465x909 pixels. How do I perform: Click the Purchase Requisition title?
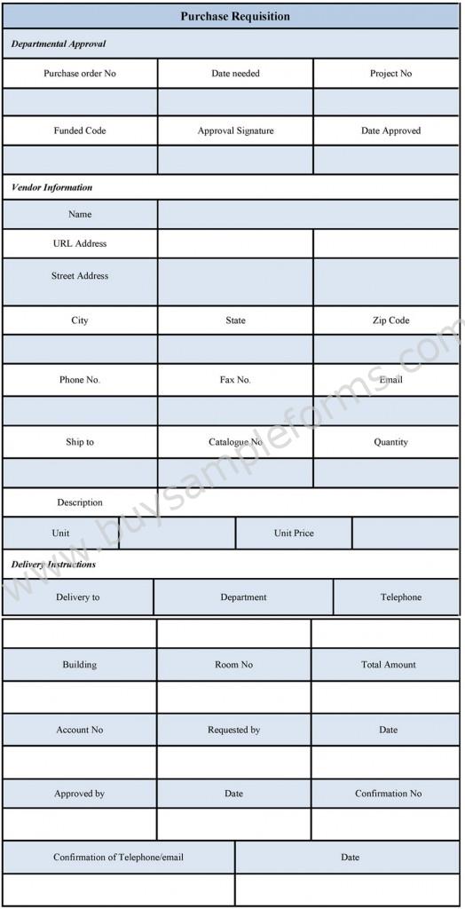pyautogui.click(x=235, y=17)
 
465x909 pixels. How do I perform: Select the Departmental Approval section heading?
pyautogui.click(x=59, y=43)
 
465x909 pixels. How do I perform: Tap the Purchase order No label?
pyautogui.click(x=80, y=74)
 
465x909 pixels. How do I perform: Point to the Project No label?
pyautogui.click(x=390, y=74)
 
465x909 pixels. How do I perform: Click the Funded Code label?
pyautogui.click(x=80, y=130)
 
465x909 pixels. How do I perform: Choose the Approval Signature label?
pyautogui.click(x=235, y=130)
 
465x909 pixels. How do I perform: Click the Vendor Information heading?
pyautogui.click(x=51, y=187)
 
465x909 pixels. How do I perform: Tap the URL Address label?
pyautogui.click(x=80, y=243)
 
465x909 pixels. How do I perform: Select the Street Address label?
pyautogui.click(x=80, y=276)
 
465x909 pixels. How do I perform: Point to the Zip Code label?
pyautogui.click(x=390, y=320)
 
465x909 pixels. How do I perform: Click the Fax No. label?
pyautogui.click(x=235, y=380)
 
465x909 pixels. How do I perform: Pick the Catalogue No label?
pyautogui.click(x=235, y=442)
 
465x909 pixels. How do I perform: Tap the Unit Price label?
pyautogui.click(x=294, y=534)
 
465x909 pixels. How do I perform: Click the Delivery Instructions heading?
pyautogui.click(x=53, y=565)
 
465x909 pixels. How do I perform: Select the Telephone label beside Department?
pyautogui.click(x=401, y=597)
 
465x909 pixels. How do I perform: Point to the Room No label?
pyautogui.click(x=234, y=665)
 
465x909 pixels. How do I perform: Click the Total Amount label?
pyautogui.click(x=389, y=665)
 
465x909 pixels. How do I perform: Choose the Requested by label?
pyautogui.click(x=234, y=731)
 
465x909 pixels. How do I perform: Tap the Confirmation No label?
pyautogui.click(x=389, y=794)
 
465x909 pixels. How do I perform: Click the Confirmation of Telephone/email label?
pyautogui.click(x=118, y=858)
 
